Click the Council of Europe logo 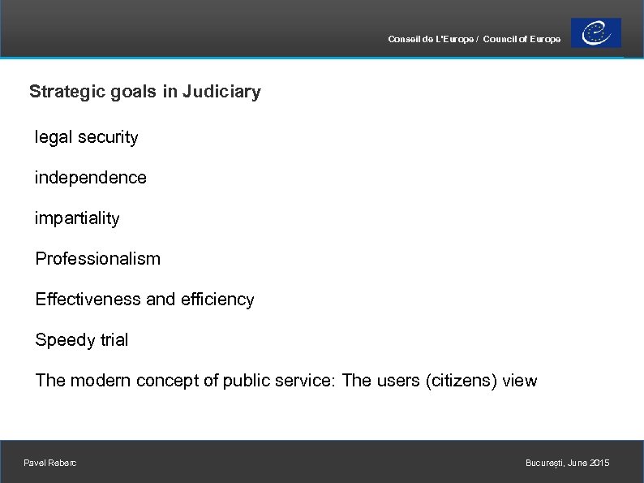coord(596,33)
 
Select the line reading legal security coord(86,137)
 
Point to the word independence coord(90,178)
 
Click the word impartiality coord(76,218)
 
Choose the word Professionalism coord(97,259)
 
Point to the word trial coord(111,340)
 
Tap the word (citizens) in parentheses coord(461,381)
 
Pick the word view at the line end coord(520,381)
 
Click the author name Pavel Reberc coord(50,463)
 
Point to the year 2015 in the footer coord(599,463)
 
